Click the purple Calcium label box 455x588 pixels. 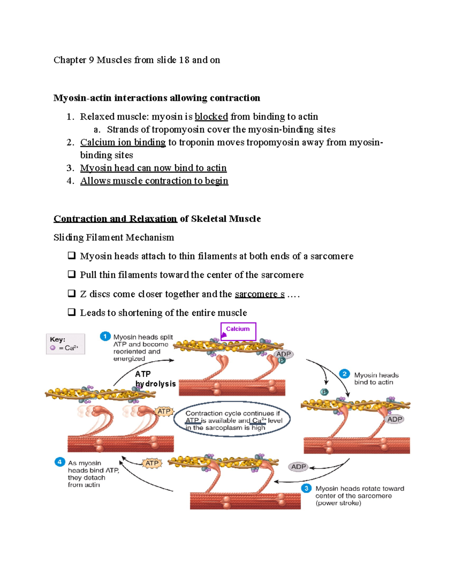238,331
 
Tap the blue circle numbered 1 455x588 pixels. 105,336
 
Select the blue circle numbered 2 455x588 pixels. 344,374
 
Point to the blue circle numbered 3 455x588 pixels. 306,488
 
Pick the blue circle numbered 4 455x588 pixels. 60,462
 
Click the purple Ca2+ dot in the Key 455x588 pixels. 53,348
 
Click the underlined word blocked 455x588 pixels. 211,117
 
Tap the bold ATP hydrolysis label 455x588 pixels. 155,379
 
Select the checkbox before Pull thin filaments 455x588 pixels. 71,274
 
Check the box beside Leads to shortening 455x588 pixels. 71,312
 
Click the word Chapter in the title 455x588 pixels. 70,60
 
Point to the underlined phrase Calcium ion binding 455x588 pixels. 123,142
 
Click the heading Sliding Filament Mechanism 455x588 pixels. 114,237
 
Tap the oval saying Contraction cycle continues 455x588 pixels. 232,420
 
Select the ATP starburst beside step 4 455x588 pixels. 152,463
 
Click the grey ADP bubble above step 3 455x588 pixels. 298,467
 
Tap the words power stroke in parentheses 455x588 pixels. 338,503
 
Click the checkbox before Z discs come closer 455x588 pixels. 71,293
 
